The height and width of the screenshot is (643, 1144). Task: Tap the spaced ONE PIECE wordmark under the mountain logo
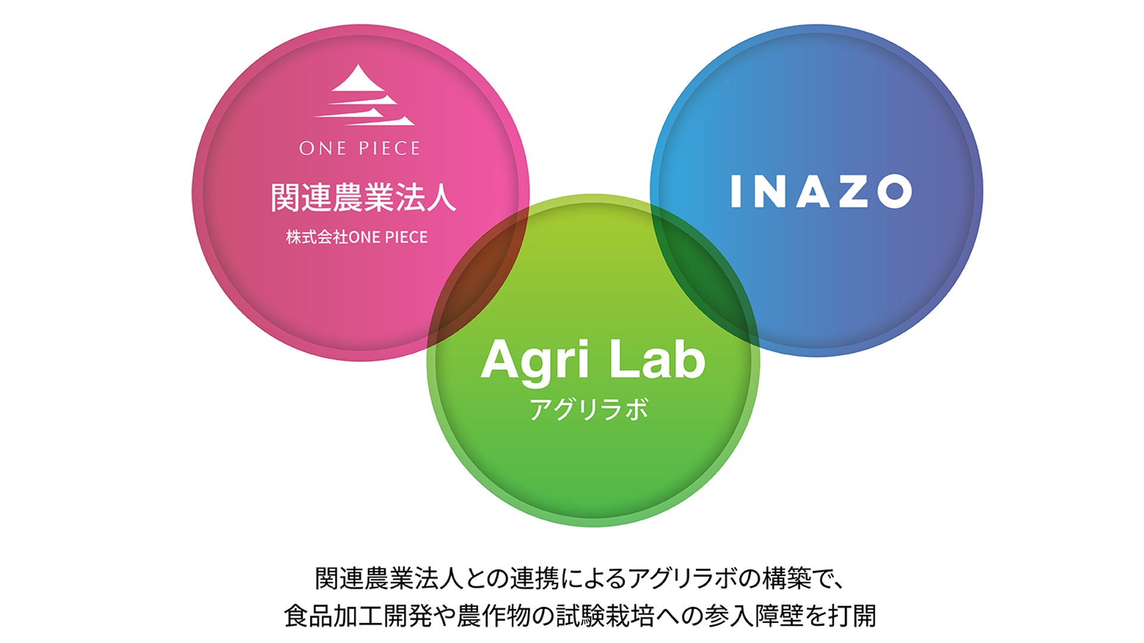coord(360,148)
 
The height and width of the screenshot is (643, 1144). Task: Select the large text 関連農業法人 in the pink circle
coord(363,198)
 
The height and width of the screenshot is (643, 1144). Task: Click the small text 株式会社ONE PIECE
coord(357,237)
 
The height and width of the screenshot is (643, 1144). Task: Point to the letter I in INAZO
coord(736,191)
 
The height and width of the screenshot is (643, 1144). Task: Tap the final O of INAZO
coord(895,191)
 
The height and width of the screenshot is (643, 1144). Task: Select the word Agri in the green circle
coord(534,362)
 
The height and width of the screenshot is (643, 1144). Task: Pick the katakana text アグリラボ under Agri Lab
coord(589,409)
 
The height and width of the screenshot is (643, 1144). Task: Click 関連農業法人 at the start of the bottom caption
coord(389,578)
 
